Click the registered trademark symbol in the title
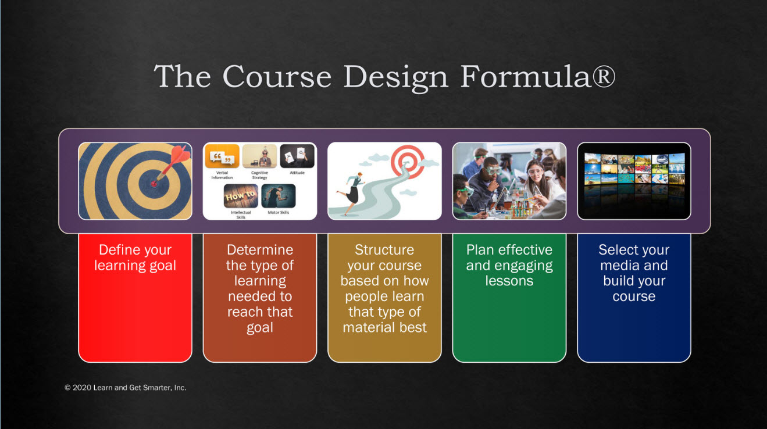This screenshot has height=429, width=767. pos(604,76)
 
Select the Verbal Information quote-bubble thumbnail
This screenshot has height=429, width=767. pos(222,156)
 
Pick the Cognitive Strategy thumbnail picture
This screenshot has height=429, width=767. pos(259,156)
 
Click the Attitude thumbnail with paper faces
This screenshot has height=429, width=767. pos(297,156)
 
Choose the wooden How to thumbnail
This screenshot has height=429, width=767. pos(241,196)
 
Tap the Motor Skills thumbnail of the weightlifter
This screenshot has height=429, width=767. pos(279,196)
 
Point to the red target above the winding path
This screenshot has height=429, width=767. pos(408,162)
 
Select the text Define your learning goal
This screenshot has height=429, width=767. pos(135,258)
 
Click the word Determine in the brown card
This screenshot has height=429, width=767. pos(260,250)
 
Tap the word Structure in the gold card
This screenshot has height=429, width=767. pos(384,250)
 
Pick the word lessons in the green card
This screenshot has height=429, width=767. pos(509,281)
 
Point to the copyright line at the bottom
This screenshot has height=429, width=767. pos(126,388)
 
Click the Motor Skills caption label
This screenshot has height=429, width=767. pos(279,212)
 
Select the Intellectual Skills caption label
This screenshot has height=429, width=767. pos(241,214)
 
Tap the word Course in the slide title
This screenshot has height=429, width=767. pos(277,76)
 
